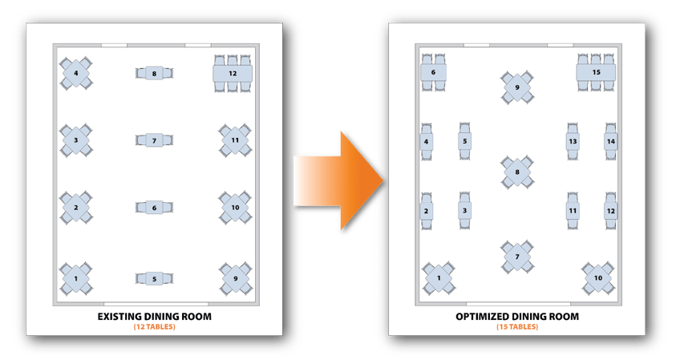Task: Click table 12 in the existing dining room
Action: pyautogui.click(x=233, y=73)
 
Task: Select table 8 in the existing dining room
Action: pyautogui.click(x=154, y=73)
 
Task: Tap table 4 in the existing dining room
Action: pyautogui.click(x=76, y=73)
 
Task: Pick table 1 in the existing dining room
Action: pyautogui.click(x=76, y=278)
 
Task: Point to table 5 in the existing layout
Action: pyautogui.click(x=154, y=279)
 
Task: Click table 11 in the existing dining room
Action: pyautogui.click(x=235, y=140)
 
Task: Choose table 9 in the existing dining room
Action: pyautogui.click(x=235, y=278)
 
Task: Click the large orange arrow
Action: pyautogui.click(x=338, y=180)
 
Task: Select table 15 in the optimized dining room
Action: pyautogui.click(x=596, y=72)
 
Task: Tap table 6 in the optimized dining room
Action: pyautogui.click(x=433, y=72)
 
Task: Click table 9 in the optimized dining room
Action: pyautogui.click(x=517, y=87)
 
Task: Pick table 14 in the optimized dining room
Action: pyautogui.click(x=611, y=141)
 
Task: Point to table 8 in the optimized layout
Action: pyautogui.click(x=517, y=172)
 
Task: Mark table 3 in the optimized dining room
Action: pyautogui.click(x=464, y=210)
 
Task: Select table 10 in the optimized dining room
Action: pyautogui.click(x=598, y=278)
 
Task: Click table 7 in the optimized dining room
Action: pyautogui.click(x=517, y=257)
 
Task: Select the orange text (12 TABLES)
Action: pyautogui.click(x=155, y=327)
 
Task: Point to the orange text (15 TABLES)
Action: pyautogui.click(x=517, y=327)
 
